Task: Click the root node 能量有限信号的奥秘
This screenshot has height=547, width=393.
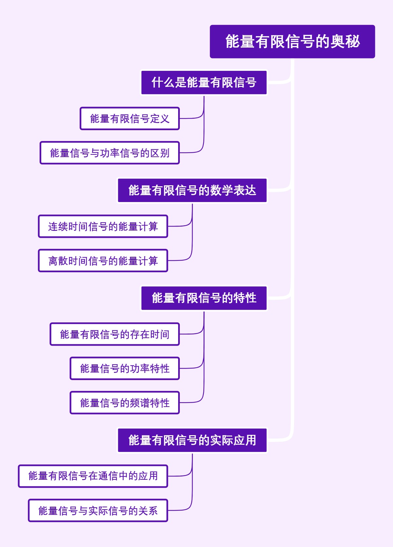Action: click(x=292, y=42)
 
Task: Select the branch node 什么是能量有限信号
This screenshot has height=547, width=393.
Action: click(x=204, y=83)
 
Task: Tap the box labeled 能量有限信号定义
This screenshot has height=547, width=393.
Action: click(x=130, y=119)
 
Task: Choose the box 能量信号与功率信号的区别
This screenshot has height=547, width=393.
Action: click(x=110, y=153)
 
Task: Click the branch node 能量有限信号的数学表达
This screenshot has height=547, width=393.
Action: click(x=192, y=191)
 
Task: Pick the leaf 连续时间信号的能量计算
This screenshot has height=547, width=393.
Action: click(x=103, y=227)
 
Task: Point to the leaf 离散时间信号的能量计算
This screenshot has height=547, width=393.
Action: click(x=103, y=261)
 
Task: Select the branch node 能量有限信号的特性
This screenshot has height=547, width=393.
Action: click(x=204, y=298)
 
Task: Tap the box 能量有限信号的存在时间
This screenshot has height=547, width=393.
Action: click(x=115, y=334)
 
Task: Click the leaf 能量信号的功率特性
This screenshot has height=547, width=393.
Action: click(x=125, y=369)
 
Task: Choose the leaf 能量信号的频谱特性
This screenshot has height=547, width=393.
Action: click(x=125, y=403)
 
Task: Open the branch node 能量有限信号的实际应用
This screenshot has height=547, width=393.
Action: click(x=192, y=440)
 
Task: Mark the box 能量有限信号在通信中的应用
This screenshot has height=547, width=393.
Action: click(x=93, y=476)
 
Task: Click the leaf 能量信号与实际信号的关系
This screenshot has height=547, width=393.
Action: click(x=98, y=511)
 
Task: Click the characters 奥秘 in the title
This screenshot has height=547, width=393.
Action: click(x=345, y=42)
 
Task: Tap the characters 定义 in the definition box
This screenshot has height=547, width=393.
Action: click(x=159, y=119)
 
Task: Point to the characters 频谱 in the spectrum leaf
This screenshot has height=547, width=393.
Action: click(x=140, y=403)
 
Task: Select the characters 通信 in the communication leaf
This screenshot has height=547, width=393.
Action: click(x=108, y=476)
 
